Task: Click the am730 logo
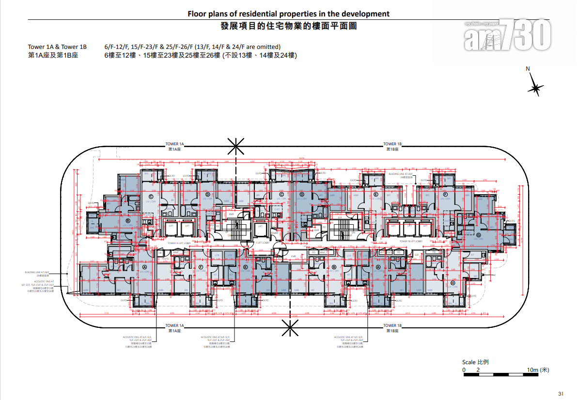tap(508, 35)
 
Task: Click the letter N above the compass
tap(528, 69)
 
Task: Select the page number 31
tap(561, 393)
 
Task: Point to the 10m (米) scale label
tap(538, 370)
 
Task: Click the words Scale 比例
tap(475, 362)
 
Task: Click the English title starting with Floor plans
tap(288, 14)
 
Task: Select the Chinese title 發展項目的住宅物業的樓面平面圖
tap(288, 26)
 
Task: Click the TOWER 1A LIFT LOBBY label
tap(178, 243)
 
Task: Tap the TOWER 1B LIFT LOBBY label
tap(411, 241)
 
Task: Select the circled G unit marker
tap(478, 235)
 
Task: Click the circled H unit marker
tap(452, 283)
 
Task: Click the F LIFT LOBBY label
tap(262, 243)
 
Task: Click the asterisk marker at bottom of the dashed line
tap(290, 329)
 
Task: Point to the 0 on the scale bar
tap(464, 370)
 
